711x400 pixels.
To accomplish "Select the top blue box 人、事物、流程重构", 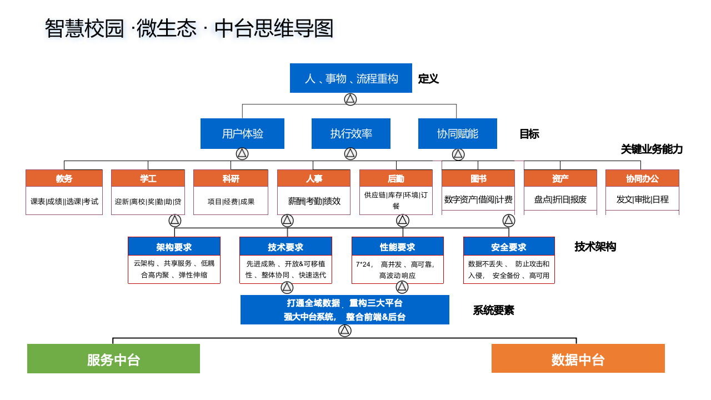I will pyautogui.click(x=351, y=78).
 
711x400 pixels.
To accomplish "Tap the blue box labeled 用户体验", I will pyautogui.click(x=242, y=134).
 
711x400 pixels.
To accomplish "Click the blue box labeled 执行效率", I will pyautogui.click(x=351, y=134).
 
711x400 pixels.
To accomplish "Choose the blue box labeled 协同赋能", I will pyautogui.click(x=457, y=134).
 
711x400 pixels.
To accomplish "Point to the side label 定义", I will pyautogui.click(x=428, y=79).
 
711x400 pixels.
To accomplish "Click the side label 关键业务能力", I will pyautogui.click(x=652, y=149).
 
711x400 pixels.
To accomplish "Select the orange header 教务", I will pyautogui.click(x=64, y=178).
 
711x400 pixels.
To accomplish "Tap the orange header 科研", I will pyautogui.click(x=231, y=178).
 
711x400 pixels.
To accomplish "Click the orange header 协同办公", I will pyautogui.click(x=642, y=178).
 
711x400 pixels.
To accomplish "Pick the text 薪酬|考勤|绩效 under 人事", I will pyautogui.click(x=314, y=201).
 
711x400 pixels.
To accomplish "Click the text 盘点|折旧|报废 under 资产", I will pyautogui.click(x=560, y=199).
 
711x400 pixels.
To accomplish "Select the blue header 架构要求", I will pyautogui.click(x=174, y=247).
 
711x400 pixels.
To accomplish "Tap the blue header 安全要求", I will pyautogui.click(x=509, y=247).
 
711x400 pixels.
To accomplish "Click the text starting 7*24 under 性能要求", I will pyautogui.click(x=397, y=269).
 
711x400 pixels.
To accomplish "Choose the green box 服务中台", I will pyautogui.click(x=113, y=359).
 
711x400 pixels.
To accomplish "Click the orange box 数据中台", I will pyautogui.click(x=578, y=359).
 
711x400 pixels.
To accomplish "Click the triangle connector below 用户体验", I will pyautogui.click(x=242, y=154).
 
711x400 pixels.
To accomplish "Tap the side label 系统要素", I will pyautogui.click(x=493, y=311).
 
